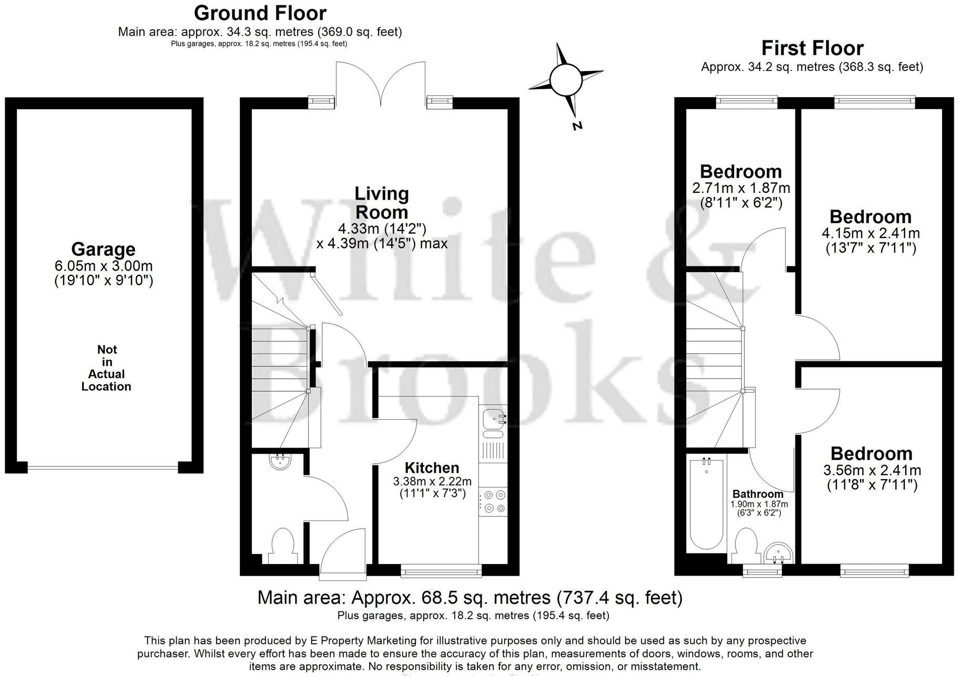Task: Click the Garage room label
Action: coord(103,249)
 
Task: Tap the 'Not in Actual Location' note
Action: coord(106,368)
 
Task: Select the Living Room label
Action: coord(381,203)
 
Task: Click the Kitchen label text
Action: coord(432,467)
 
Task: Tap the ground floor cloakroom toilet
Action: coord(282,544)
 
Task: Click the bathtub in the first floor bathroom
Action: coord(706,504)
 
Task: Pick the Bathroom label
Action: coord(758,494)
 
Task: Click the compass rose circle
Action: coord(565,79)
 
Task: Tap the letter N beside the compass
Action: coord(577,126)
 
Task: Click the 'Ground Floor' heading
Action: coord(260,13)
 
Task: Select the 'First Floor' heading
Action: coord(812,48)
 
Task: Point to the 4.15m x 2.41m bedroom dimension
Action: coord(870,233)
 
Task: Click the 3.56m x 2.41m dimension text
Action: coord(871,470)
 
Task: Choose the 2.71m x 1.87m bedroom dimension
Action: coord(740,188)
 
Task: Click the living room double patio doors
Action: coord(381,84)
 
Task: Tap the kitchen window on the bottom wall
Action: coord(441,571)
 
